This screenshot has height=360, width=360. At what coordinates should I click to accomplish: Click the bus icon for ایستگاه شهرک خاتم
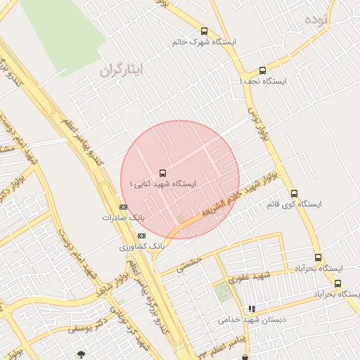pyautogui.click(x=204, y=31)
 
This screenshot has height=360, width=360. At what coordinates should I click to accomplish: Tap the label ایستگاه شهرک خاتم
pyautogui.click(x=204, y=42)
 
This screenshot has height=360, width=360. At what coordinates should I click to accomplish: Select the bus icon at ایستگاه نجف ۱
pyautogui.click(x=262, y=70)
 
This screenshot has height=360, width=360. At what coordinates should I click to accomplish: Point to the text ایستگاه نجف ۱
pyautogui.click(x=264, y=82)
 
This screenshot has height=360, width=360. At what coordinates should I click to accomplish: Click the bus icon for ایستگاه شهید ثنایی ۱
pyautogui.click(x=163, y=172)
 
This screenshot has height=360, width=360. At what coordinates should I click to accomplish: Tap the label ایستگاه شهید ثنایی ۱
pyautogui.click(x=163, y=184)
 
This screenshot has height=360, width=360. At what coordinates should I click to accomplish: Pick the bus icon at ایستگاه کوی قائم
pyautogui.click(x=294, y=193)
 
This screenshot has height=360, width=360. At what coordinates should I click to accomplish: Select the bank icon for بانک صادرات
pyautogui.click(x=123, y=207)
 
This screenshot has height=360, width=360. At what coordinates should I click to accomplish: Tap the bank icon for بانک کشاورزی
pyautogui.click(x=143, y=236)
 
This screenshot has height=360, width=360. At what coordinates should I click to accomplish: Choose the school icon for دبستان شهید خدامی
pyautogui.click(x=252, y=309)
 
